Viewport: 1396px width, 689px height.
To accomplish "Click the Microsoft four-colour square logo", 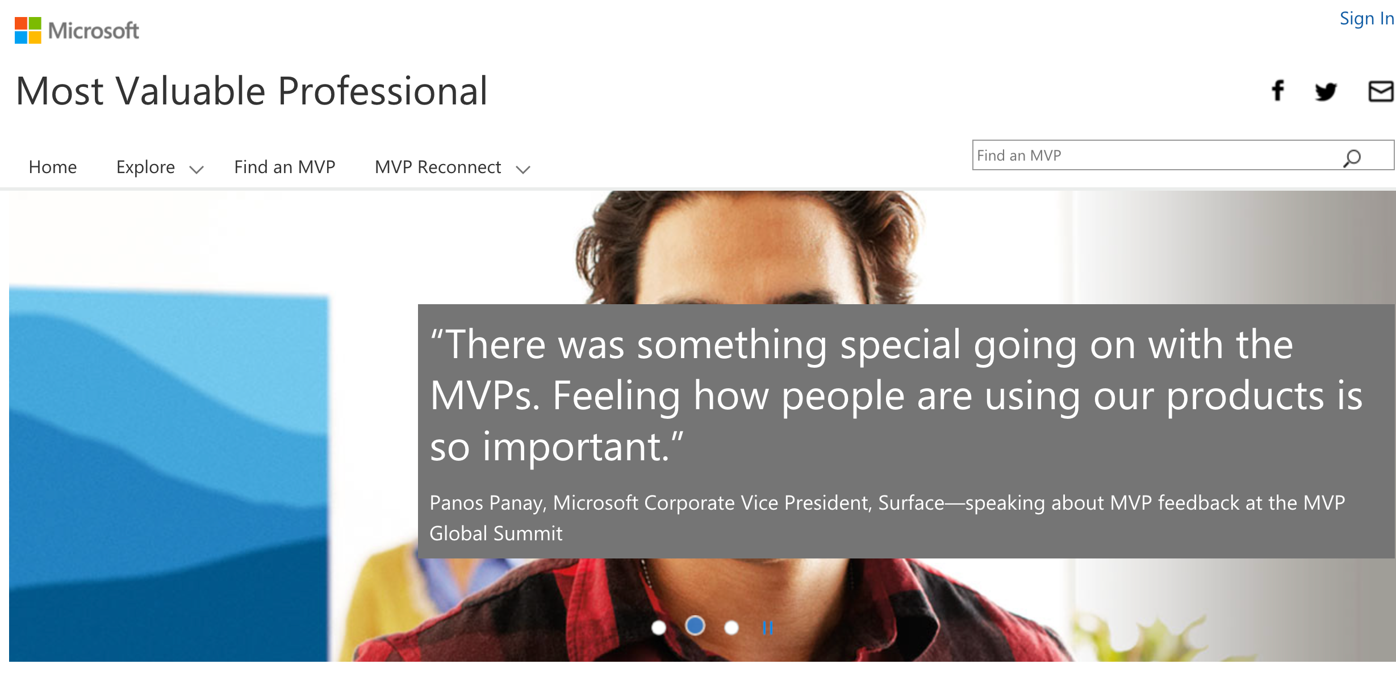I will coord(28,30).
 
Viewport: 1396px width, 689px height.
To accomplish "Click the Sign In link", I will coord(1366,19).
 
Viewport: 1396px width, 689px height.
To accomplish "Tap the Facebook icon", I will coord(1278,90).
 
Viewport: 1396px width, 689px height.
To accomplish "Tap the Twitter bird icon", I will coord(1326,91).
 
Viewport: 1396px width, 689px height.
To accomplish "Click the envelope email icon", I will coord(1381,91).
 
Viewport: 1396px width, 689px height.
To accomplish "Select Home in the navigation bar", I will coord(53,167).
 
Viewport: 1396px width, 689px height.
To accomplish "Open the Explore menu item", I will coord(145,167).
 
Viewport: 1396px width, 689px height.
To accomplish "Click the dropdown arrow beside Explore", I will coord(197,169).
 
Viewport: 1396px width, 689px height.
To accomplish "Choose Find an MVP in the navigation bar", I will coord(285,167).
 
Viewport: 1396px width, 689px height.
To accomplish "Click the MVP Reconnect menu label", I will coord(438,167).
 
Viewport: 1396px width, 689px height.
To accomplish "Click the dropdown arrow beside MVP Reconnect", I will coord(523,169).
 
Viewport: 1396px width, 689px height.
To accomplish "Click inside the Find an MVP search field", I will coord(1153,156).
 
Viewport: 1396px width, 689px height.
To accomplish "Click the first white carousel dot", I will coord(659,628).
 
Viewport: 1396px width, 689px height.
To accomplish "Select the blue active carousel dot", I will coord(695,626).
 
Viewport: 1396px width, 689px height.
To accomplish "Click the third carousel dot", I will coord(732,628).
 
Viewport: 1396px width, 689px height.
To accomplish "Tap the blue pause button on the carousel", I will coord(768,628).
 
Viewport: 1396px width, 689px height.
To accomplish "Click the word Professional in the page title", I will coord(383,91).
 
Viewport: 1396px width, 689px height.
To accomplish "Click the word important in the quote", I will coord(575,447).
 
